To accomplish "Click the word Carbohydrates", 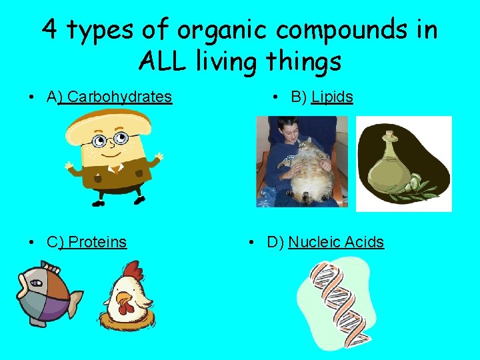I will (120, 97).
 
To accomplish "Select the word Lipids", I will (332, 97).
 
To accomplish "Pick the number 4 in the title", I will (50, 29).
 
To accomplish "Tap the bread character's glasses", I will (110, 140).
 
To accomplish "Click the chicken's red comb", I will (133, 270).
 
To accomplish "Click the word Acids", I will (365, 242).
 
